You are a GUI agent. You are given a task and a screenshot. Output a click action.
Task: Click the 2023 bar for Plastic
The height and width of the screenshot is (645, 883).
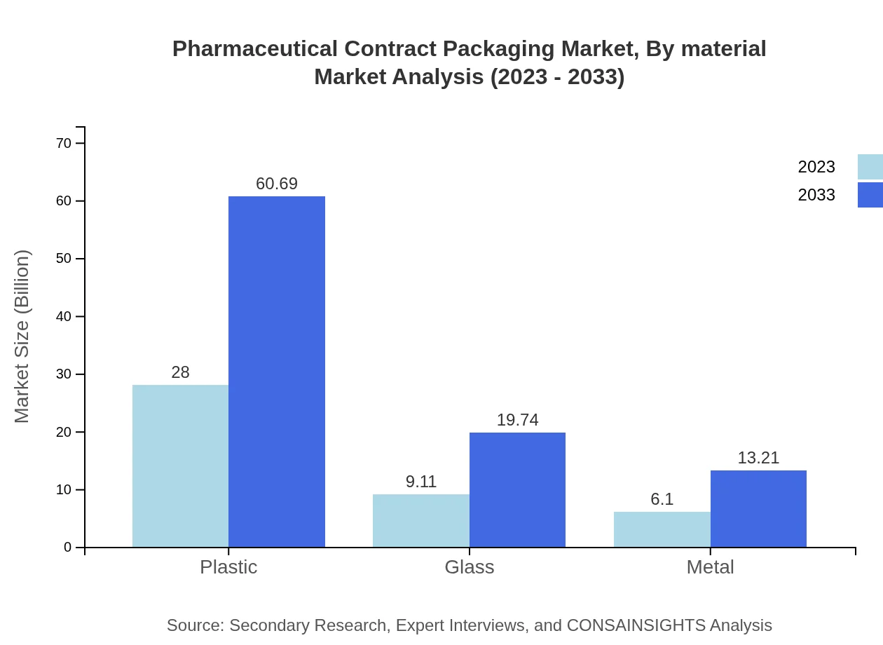[180, 466]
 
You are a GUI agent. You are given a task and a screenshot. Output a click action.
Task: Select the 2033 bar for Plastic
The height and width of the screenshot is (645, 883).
[277, 372]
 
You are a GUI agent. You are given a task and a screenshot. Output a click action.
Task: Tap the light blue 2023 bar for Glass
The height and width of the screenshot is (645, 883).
[420, 520]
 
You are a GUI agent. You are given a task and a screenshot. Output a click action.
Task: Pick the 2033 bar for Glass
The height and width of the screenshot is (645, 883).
[517, 489]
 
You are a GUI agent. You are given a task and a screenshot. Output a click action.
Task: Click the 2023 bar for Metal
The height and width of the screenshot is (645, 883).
[662, 529]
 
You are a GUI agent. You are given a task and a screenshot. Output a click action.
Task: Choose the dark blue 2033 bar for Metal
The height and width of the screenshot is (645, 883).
[758, 508]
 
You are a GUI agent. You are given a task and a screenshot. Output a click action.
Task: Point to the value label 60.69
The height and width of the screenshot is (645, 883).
[277, 184]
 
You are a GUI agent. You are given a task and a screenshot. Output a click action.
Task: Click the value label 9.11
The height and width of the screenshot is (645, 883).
[420, 482]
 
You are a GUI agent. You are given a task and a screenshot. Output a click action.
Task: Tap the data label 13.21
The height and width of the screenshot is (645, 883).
[758, 458]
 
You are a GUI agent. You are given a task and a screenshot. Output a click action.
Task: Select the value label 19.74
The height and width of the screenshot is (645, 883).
[517, 420]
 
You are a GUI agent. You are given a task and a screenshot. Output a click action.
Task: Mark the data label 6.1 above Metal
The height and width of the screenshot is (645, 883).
[662, 499]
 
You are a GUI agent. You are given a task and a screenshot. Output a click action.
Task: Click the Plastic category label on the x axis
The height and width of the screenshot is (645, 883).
[228, 566]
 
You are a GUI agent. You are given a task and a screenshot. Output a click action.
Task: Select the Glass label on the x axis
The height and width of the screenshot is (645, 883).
[470, 566]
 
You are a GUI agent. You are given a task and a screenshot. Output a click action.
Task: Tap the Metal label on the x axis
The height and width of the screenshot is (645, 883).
[710, 566]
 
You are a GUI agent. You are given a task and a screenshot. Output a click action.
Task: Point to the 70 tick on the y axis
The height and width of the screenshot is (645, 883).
[64, 143]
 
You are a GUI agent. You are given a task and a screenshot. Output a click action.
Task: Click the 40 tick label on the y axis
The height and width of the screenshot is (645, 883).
[64, 316]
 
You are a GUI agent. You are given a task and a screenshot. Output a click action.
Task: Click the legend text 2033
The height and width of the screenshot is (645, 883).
[816, 195]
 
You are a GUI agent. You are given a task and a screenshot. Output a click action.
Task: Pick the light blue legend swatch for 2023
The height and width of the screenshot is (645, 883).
[870, 167]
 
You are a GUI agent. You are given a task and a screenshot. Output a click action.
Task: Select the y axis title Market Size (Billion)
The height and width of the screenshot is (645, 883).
[22, 337]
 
